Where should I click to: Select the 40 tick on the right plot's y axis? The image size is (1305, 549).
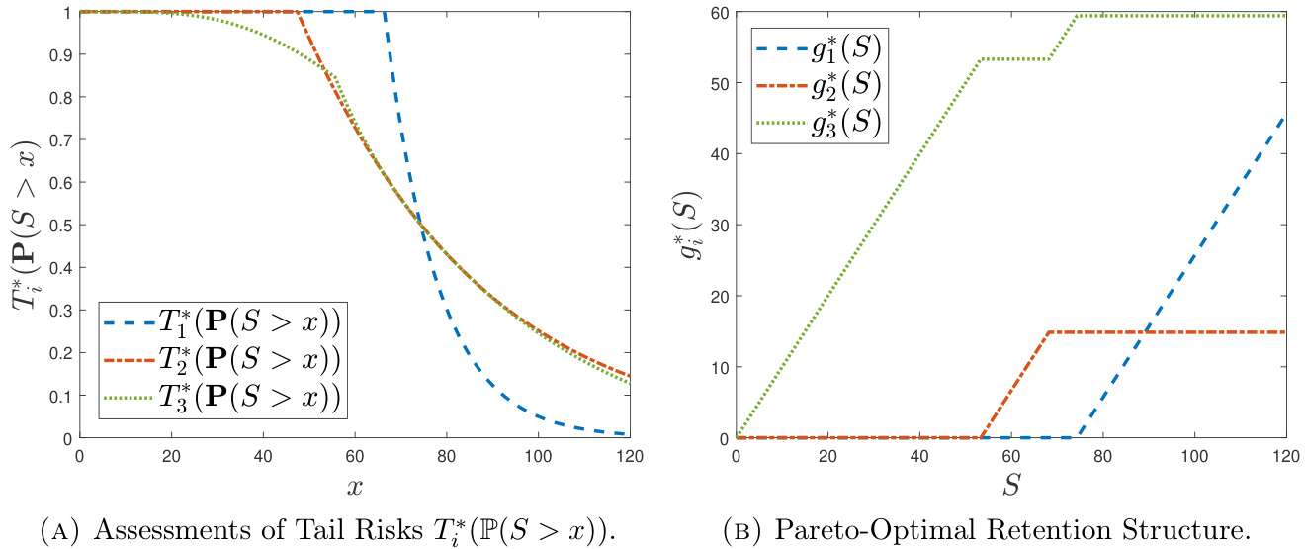pyautogui.click(x=719, y=153)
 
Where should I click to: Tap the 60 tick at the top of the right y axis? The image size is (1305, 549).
pyautogui.click(x=719, y=12)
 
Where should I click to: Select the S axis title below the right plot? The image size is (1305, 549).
pyautogui.click(x=1010, y=486)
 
